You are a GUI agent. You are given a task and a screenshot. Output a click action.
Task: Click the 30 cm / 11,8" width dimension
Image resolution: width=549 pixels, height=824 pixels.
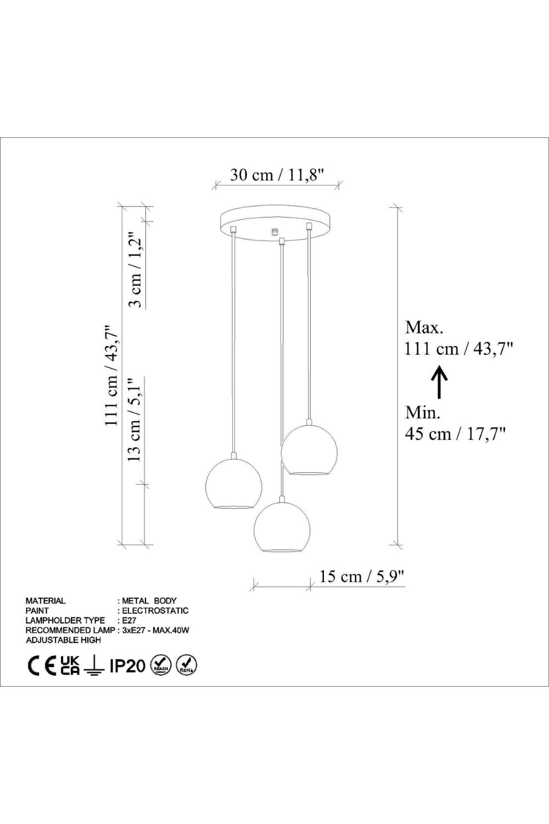pyautogui.click(x=278, y=175)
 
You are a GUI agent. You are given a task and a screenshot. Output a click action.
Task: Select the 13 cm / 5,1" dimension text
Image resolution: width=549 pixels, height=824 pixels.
pyautogui.click(x=135, y=420)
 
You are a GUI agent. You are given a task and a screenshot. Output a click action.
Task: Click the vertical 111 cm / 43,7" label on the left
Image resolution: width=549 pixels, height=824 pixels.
pyautogui.click(x=112, y=376)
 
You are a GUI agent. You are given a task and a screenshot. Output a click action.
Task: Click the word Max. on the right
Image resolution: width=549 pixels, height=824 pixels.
pyautogui.click(x=424, y=327)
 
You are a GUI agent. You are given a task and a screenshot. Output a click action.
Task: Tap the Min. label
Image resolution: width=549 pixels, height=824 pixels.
pyautogui.click(x=423, y=413)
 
